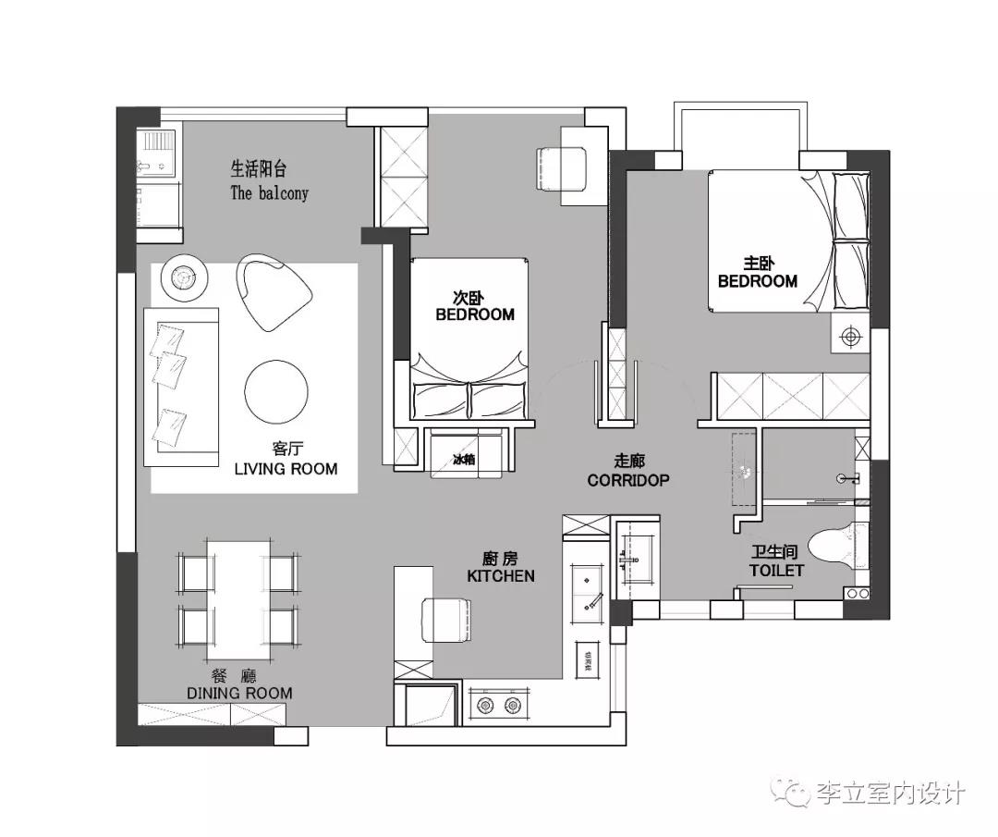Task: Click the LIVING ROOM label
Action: pyautogui.click(x=286, y=469)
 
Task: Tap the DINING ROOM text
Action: pyautogui.click(x=239, y=693)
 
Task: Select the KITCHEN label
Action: pyautogui.click(x=501, y=576)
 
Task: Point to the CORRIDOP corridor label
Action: pyautogui.click(x=628, y=481)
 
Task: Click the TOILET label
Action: pyautogui.click(x=776, y=571)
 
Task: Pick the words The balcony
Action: pyautogui.click(x=269, y=193)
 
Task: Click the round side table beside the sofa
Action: pyautogui.click(x=184, y=277)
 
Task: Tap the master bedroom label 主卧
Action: pyautogui.click(x=758, y=263)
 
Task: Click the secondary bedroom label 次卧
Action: pyautogui.click(x=469, y=298)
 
